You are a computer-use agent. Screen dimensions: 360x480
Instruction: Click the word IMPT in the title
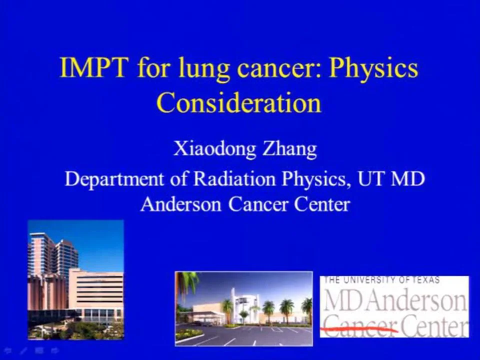click(93, 68)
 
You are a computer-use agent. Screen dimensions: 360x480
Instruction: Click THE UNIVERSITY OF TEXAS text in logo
click(382, 280)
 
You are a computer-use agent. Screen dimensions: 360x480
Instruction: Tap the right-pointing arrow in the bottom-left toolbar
click(53, 350)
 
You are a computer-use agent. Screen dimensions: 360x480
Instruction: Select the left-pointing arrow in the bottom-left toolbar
click(7, 350)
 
